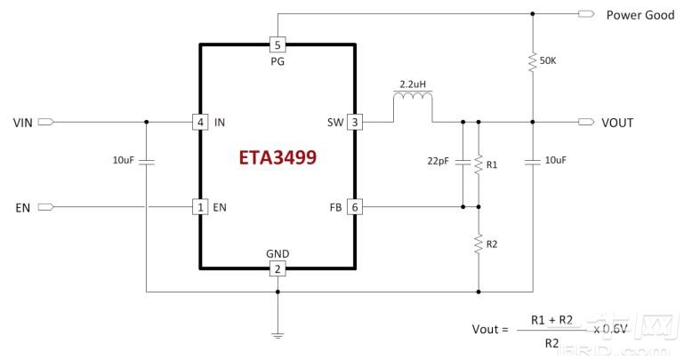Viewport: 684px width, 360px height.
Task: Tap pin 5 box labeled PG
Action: point(278,44)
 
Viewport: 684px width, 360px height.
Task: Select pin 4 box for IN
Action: point(201,122)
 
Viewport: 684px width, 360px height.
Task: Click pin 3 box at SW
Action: point(354,122)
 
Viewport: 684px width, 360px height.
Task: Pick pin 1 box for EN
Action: point(201,207)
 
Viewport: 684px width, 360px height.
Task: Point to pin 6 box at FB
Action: point(354,207)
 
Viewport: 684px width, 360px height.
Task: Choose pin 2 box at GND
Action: point(278,268)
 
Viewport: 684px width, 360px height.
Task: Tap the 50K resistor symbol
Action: point(532,61)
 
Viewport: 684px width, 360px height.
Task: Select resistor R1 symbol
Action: point(479,164)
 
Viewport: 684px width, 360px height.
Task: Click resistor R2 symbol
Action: point(479,242)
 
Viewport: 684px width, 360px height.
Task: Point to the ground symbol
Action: point(278,334)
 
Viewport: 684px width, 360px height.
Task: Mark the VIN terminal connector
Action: point(50,122)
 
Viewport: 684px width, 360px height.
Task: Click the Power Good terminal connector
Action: point(586,14)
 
